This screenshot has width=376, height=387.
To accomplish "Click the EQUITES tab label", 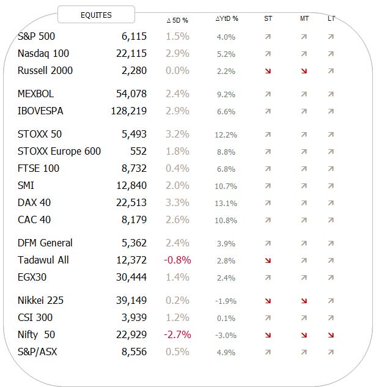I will click(x=96, y=15).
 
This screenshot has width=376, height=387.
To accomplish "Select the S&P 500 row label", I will click(x=37, y=36).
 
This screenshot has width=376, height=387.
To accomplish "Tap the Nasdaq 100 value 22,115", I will click(x=131, y=53).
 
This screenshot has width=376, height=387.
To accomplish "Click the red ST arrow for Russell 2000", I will click(x=268, y=71).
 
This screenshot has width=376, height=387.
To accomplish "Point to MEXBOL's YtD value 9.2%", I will click(x=226, y=95).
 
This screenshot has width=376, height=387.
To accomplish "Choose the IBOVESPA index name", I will click(x=41, y=111).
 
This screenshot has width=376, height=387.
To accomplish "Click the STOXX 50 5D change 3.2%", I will click(x=177, y=134).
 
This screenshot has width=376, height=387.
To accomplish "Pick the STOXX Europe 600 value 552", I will click(x=138, y=151).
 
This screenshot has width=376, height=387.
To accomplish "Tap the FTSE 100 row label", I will click(x=39, y=168).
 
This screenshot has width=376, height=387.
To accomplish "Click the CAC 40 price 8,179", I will click(x=134, y=219).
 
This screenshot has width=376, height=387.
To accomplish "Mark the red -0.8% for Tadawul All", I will click(x=177, y=260).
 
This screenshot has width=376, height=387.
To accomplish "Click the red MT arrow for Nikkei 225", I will click(x=304, y=301).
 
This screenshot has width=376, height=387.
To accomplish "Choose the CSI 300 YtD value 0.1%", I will click(x=226, y=318).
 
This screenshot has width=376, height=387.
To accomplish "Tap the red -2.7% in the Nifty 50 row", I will click(x=177, y=334).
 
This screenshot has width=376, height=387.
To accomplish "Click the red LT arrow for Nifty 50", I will click(x=331, y=335).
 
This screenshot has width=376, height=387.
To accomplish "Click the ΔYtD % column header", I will click(x=227, y=19).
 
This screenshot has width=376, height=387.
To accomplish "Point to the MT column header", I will click(x=304, y=19).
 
